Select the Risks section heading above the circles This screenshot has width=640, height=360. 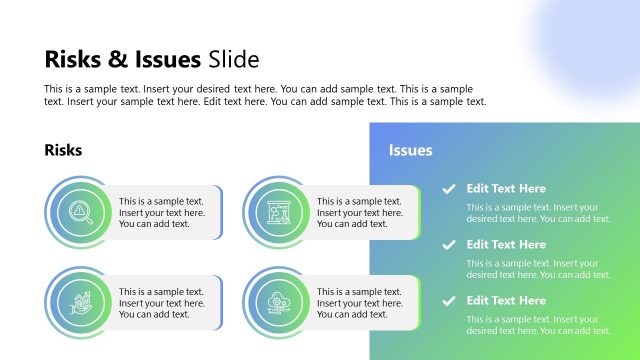(63, 150)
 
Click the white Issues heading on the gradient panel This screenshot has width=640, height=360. (410, 150)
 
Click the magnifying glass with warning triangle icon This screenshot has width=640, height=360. (78, 211)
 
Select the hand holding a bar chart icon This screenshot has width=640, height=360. (78, 301)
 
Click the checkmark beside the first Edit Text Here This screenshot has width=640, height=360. (449, 188)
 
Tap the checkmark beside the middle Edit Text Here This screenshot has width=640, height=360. (449, 244)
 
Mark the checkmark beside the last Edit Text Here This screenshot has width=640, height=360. (449, 300)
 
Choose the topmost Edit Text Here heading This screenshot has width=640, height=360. (506, 188)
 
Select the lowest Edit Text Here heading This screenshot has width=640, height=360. (506, 300)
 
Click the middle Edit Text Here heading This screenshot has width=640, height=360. (506, 244)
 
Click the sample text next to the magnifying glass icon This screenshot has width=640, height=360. (161, 212)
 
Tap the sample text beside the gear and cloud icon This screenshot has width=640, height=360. (359, 303)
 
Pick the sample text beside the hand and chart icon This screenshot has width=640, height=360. (161, 303)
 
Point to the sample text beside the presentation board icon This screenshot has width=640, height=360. (359, 212)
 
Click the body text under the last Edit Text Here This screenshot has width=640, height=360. (538, 325)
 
